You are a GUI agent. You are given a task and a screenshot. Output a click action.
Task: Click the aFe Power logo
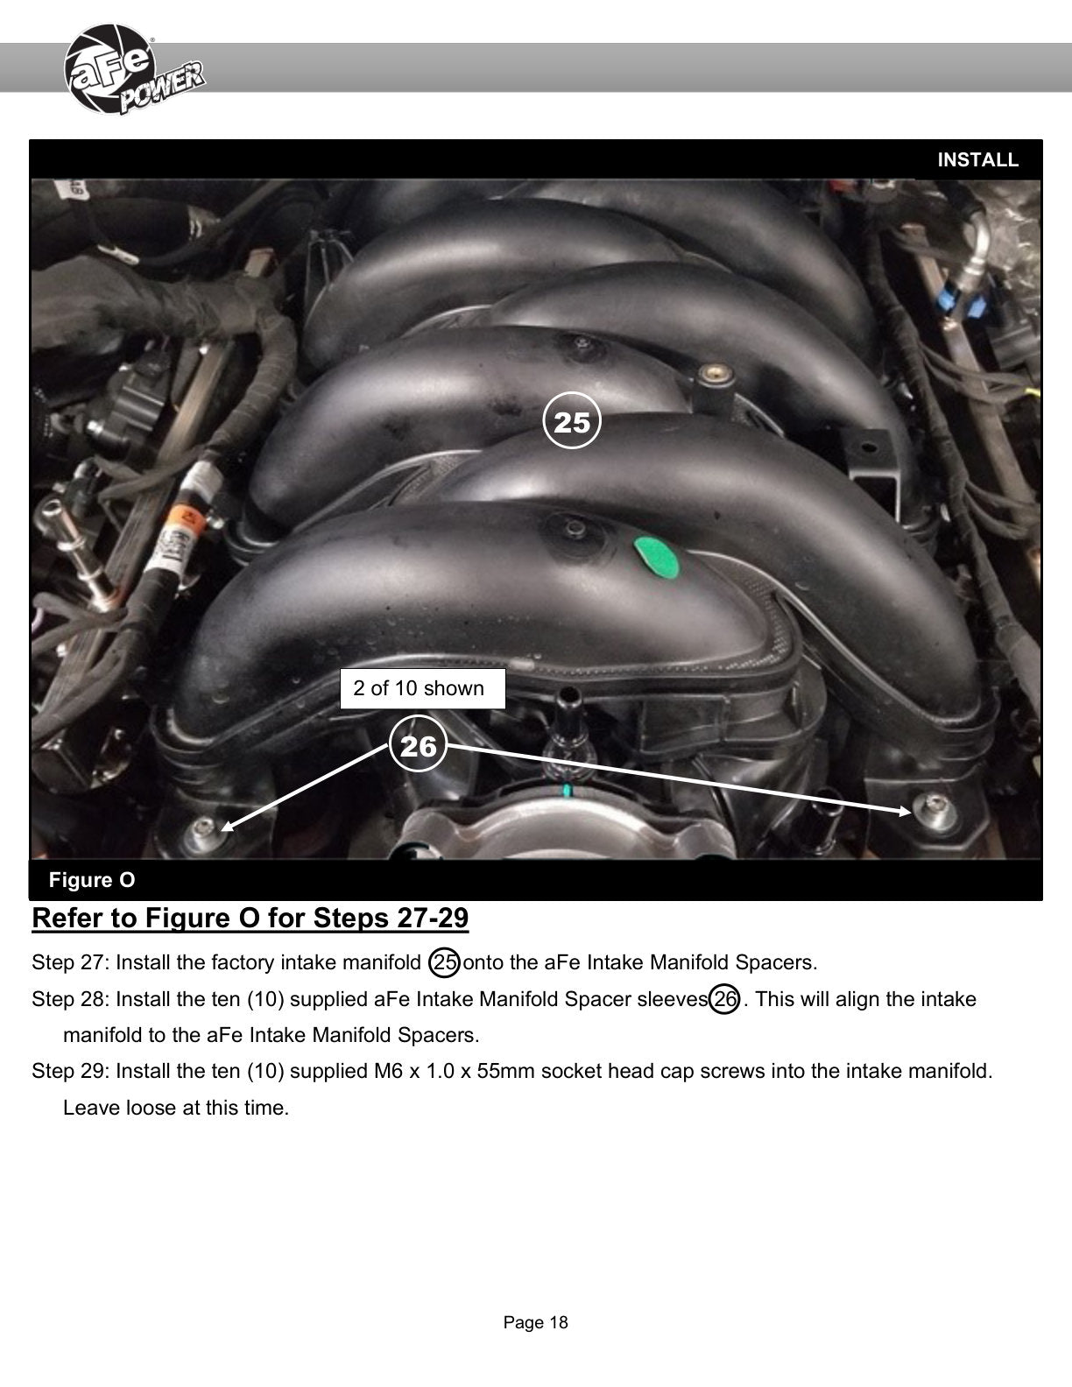point(134,70)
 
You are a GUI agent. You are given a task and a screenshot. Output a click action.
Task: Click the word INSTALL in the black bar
point(977,159)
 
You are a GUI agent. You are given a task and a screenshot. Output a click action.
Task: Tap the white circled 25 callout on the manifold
point(571,420)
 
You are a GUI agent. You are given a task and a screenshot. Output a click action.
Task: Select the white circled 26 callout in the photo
point(418,744)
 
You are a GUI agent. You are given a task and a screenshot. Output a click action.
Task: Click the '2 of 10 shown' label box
point(423,688)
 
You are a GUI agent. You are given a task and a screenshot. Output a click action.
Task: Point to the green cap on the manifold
point(656,557)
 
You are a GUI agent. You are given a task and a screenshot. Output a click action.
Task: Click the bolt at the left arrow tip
point(204,827)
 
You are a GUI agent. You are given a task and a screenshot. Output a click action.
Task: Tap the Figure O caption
point(92,880)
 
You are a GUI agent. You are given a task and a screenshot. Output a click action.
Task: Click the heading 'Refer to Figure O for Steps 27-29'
point(250,918)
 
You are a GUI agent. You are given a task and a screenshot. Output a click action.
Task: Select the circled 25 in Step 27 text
point(444,962)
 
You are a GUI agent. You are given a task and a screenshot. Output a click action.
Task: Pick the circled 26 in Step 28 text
point(724,999)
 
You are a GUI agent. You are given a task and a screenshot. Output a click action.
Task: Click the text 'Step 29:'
point(71,1071)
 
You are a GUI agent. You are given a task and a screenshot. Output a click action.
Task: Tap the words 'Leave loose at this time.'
point(176,1108)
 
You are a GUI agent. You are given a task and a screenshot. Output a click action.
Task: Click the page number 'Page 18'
point(536,1322)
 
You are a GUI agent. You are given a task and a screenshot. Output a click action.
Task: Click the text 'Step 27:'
point(71,962)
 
